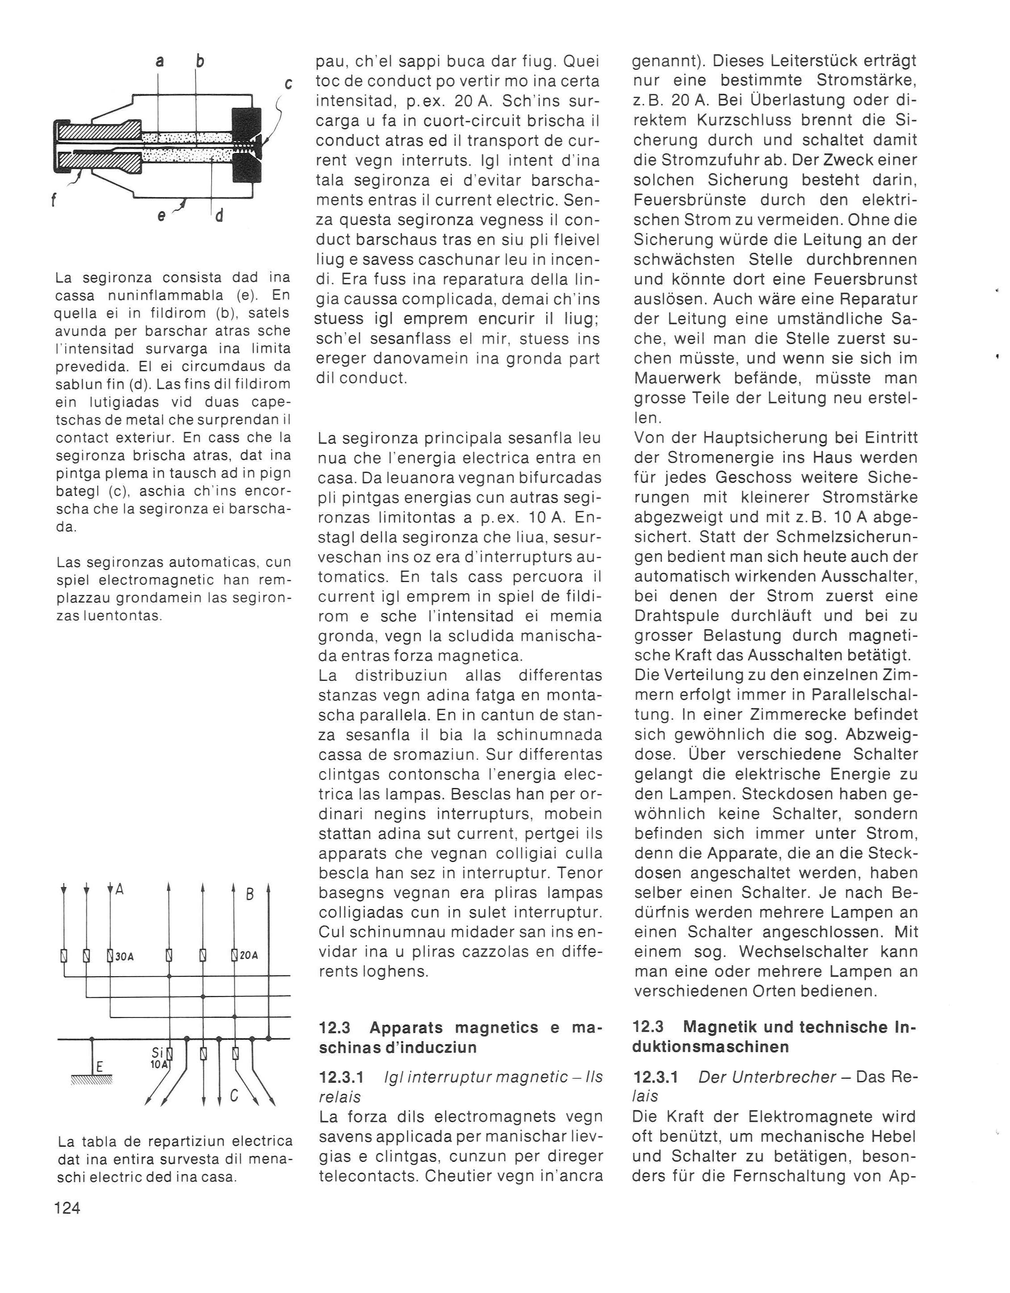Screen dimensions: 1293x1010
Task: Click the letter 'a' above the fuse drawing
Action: pos(159,61)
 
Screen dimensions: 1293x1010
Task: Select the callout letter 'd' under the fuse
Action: pos(219,216)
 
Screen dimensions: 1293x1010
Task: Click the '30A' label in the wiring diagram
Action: pos(124,956)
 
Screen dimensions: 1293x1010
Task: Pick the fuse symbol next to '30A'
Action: pos(110,956)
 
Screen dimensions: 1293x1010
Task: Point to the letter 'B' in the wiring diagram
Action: pos(249,894)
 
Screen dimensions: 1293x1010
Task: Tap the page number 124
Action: pos(67,1208)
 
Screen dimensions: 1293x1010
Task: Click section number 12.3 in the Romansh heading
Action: pos(335,1028)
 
